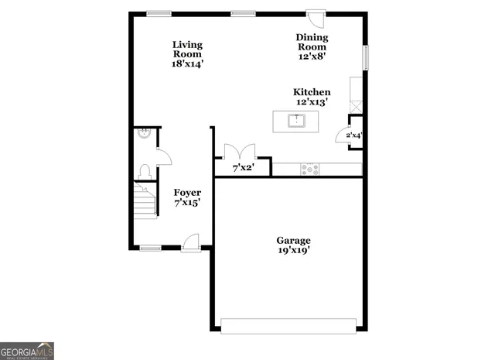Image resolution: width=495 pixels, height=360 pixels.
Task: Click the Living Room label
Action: coord(187,54)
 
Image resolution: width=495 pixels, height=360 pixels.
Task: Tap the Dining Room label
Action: coord(312,46)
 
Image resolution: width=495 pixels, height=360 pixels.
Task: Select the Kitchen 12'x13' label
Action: coord(312,97)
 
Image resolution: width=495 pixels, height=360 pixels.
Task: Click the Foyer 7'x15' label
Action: coord(187,197)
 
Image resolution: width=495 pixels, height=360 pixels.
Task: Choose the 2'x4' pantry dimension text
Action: coord(353,135)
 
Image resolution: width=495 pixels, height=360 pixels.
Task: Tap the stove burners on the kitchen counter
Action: coord(310,168)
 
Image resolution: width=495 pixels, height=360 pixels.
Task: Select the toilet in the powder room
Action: coord(145,170)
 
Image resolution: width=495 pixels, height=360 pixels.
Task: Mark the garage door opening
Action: coord(288,325)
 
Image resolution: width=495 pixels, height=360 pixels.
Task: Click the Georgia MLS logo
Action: coord(27,350)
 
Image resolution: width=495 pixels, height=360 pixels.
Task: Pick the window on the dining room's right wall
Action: coord(366,57)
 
